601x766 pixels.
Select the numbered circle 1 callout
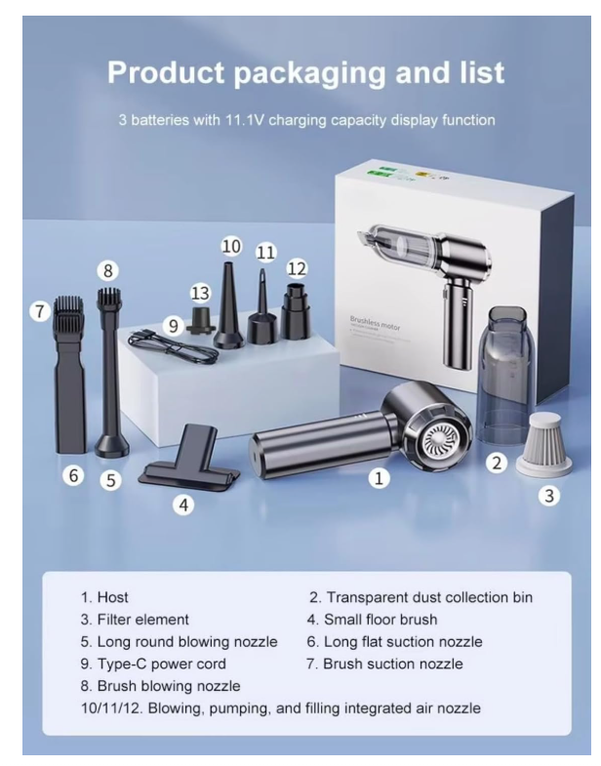pos(381,478)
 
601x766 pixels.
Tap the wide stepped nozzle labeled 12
pos(296,307)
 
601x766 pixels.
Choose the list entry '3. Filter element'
pos(136,619)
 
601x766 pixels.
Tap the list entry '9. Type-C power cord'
pos(153,664)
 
